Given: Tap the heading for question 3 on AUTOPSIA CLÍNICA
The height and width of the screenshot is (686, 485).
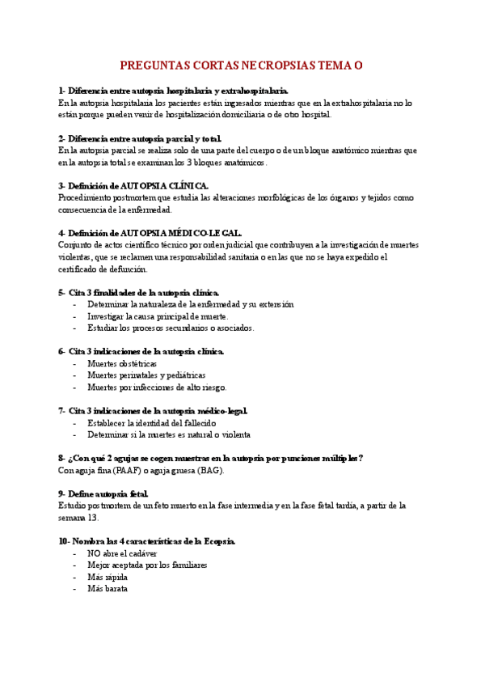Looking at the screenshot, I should click(x=133, y=185).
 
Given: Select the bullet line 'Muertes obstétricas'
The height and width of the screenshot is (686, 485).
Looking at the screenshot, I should click(x=122, y=364).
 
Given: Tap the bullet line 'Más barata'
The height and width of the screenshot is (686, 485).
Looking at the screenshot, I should click(x=108, y=589).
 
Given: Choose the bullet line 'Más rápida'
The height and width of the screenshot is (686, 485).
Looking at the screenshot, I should click(x=108, y=578).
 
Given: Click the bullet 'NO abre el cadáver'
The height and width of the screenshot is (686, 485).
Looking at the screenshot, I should click(x=121, y=554).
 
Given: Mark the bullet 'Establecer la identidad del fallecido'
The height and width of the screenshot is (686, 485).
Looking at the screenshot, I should click(x=152, y=423).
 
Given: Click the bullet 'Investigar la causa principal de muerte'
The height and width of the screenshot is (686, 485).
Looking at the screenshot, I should click(x=158, y=316).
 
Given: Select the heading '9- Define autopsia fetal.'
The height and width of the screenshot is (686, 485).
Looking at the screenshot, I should click(x=103, y=493).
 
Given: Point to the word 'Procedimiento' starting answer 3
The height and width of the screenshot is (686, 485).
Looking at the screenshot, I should click(x=87, y=197).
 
